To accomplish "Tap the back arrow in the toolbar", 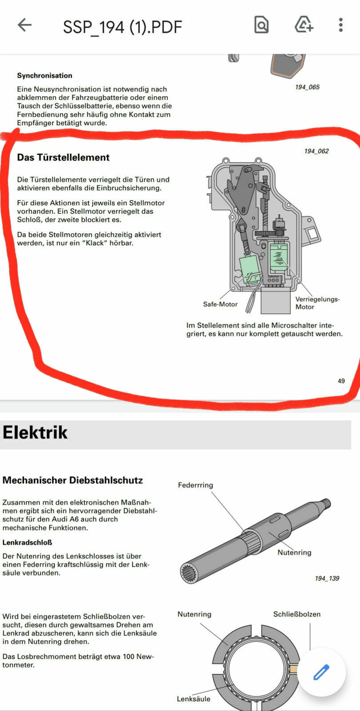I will click(24, 25).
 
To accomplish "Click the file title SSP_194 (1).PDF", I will click(122, 27).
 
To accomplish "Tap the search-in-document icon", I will click(261, 25).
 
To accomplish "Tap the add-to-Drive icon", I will click(304, 25).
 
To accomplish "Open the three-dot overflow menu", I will click(340, 25).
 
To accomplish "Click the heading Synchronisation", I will click(44, 76).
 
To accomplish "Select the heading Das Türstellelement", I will click(63, 157).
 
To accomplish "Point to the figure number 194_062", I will click(316, 151).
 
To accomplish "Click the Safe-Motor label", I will click(220, 304).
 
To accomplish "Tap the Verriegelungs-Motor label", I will click(317, 303).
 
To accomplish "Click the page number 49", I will click(341, 381).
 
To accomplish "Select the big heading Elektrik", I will click(35, 432).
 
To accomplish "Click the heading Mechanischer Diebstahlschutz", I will click(72, 480).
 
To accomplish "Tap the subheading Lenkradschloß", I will click(27, 543).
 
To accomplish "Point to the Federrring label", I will click(195, 485).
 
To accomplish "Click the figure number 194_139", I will click(327, 578).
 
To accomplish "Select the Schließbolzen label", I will click(296, 614).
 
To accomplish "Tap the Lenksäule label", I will click(193, 699).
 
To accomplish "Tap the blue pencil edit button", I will click(321, 672).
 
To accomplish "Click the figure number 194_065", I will click(307, 87).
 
